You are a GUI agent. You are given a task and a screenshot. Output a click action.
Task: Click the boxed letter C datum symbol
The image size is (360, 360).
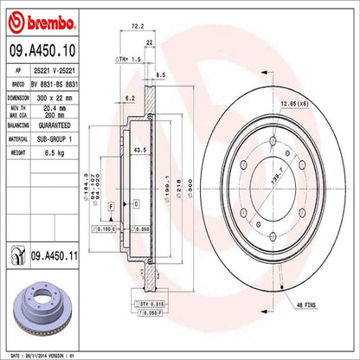pos(136,203)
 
